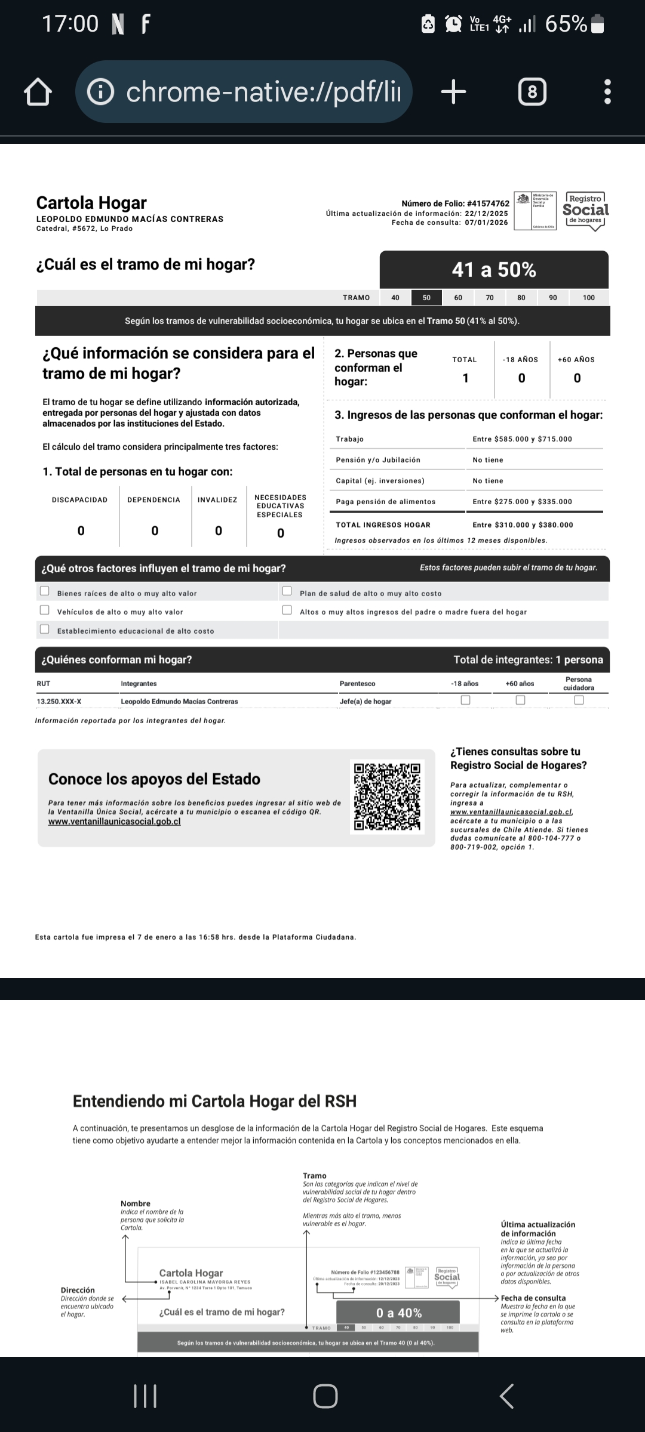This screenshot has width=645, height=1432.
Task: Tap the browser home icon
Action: [38, 92]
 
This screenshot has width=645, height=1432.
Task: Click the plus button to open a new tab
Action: [453, 92]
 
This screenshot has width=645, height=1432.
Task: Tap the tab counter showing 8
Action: [532, 92]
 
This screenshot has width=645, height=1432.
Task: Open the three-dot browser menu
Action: [607, 92]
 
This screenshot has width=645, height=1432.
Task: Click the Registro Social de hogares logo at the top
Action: [585, 210]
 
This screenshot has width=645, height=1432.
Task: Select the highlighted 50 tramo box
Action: [426, 297]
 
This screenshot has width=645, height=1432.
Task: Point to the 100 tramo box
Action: [589, 297]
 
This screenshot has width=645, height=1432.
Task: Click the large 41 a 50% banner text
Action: [494, 270]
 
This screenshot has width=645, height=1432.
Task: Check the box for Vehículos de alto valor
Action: [44, 610]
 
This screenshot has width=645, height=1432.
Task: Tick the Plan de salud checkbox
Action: [287, 591]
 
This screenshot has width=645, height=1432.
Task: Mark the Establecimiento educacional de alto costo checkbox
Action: [44, 629]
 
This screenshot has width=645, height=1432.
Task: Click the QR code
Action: [387, 796]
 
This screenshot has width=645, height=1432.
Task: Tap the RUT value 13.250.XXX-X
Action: [59, 702]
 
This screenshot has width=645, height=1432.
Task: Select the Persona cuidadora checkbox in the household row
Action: [579, 700]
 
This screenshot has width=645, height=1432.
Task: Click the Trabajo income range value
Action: [522, 439]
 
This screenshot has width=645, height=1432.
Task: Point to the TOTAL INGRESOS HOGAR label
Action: [383, 525]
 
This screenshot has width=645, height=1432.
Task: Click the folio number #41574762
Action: [488, 203]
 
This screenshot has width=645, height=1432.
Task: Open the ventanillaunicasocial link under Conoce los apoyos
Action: [114, 822]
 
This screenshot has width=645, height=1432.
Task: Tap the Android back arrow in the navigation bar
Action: [506, 1396]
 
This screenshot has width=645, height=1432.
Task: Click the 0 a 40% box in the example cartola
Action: [398, 1313]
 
